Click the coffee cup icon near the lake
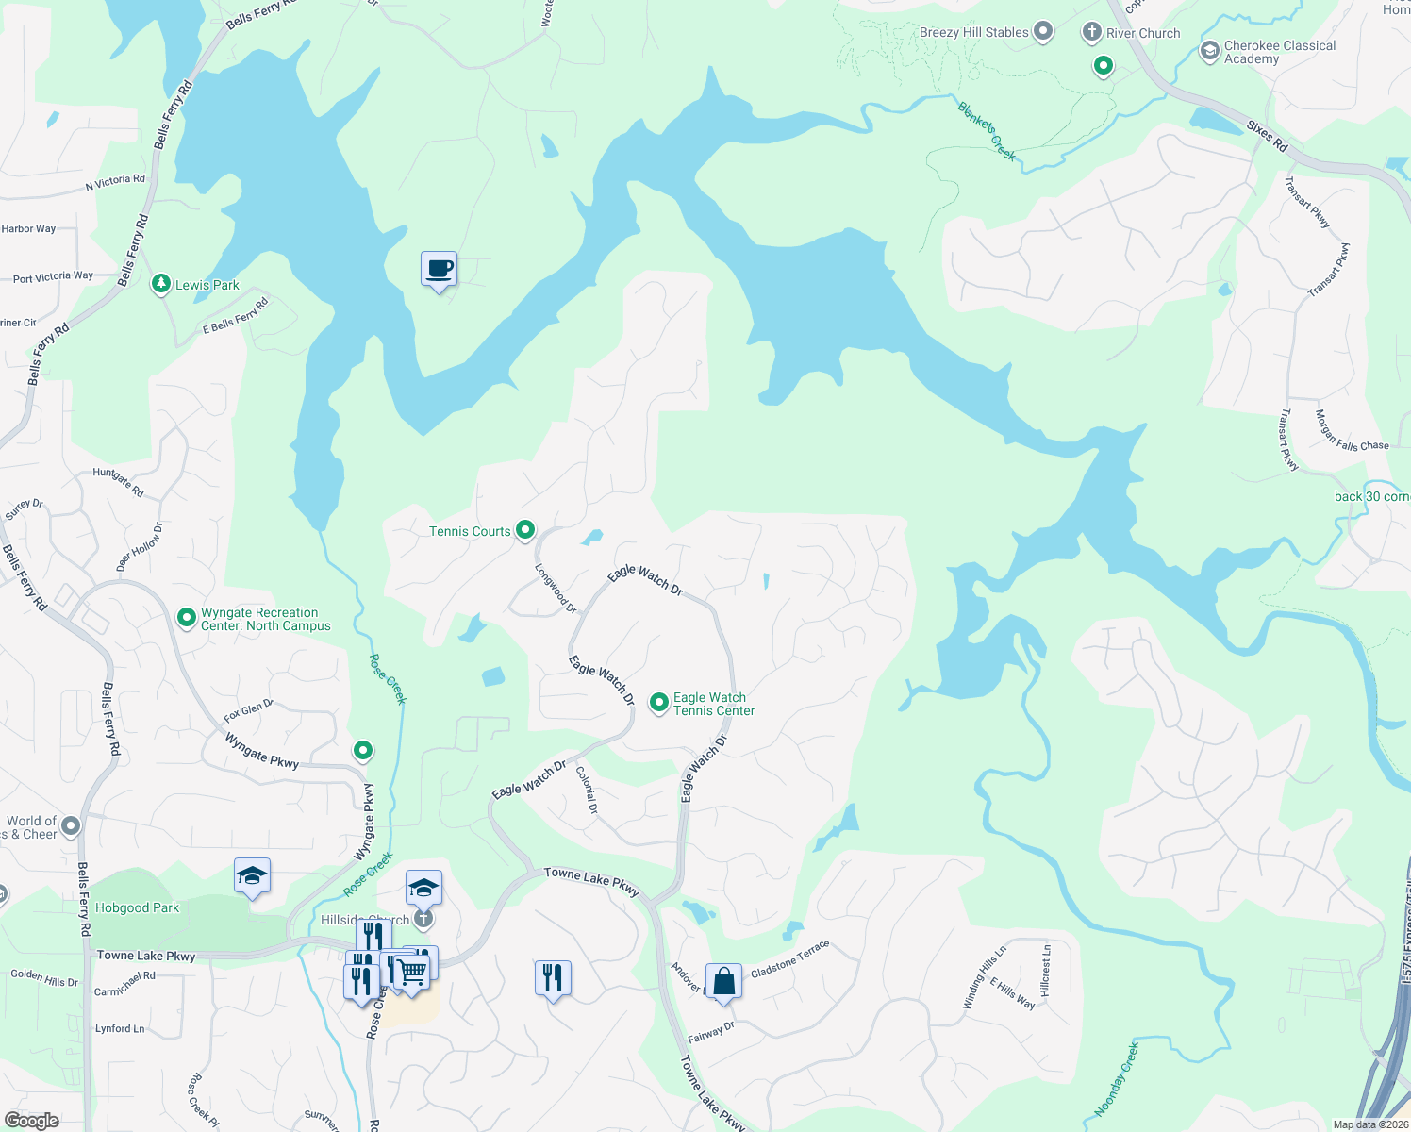[x=439, y=270]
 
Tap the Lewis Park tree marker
[x=161, y=284]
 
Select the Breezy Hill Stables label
[x=973, y=32]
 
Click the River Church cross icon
[x=1091, y=33]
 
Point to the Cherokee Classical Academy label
[x=1279, y=52]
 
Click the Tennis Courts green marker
[x=526, y=531]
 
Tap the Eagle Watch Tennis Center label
[x=713, y=704]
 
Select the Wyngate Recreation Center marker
[x=187, y=619]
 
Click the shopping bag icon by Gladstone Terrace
[x=723, y=981]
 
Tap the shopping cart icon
[x=411, y=972]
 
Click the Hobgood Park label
[x=137, y=907]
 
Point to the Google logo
[x=32, y=1120]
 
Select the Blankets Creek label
[x=987, y=131]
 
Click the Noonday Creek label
[x=1116, y=1079]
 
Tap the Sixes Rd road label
[x=1267, y=136]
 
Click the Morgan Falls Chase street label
[x=1352, y=431]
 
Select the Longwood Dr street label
[x=556, y=589]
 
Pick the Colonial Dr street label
[x=587, y=791]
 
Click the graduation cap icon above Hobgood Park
[x=252, y=876]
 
